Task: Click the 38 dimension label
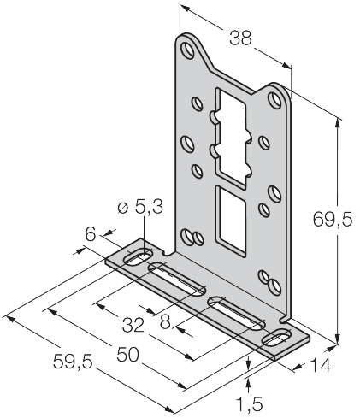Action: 241,38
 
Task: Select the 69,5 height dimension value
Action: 333,220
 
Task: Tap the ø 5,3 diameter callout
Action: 140,207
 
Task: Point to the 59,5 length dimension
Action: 73,362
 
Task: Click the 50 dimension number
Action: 128,355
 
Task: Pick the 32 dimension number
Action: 133,326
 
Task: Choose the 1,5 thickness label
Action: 250,404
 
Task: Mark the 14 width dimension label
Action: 321,365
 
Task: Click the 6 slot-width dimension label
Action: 91,235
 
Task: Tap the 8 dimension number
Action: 165,322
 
